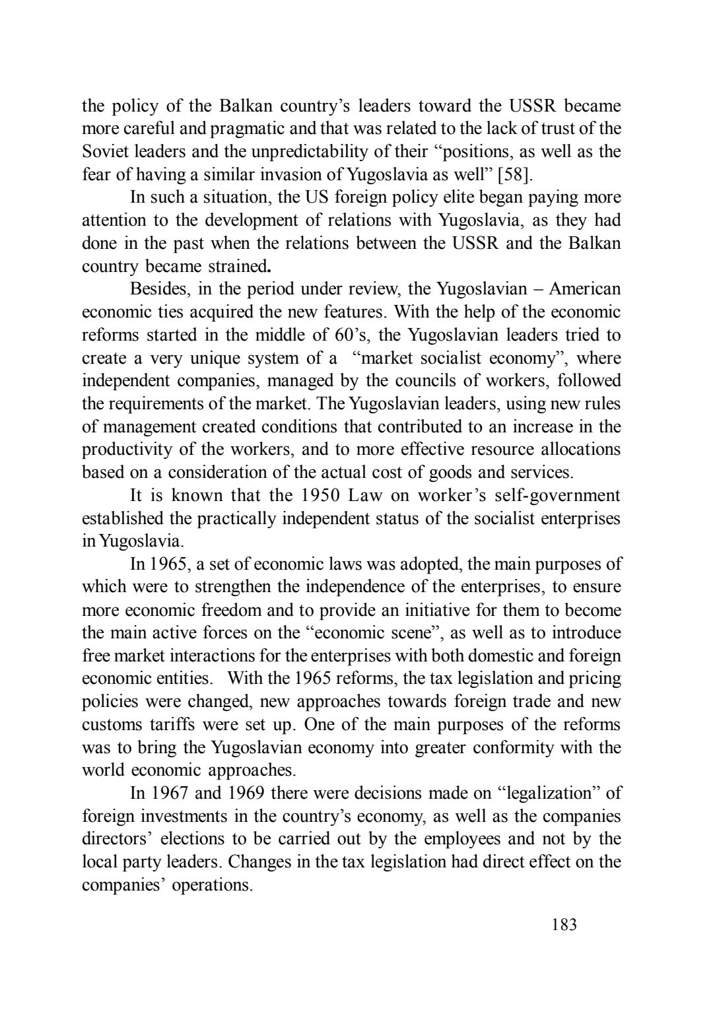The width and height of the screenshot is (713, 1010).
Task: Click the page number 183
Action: click(x=564, y=925)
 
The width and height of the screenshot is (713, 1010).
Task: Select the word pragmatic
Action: click(x=253, y=129)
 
